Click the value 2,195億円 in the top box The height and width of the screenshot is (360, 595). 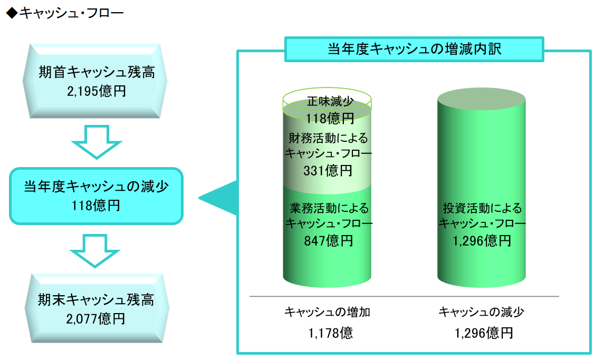click(97, 91)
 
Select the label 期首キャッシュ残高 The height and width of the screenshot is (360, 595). click(97, 72)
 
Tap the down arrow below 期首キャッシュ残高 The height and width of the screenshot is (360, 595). click(97, 142)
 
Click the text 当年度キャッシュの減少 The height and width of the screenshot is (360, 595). click(97, 186)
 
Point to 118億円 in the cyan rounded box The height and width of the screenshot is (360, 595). click(96, 205)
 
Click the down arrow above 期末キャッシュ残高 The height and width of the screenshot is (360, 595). click(95, 251)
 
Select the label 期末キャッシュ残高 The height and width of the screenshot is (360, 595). click(95, 300)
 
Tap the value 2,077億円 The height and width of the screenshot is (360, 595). click(95, 319)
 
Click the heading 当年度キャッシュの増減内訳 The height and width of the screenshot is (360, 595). click(415, 49)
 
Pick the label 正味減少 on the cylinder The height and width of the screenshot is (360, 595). click(330, 101)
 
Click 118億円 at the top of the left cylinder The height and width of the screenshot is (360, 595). click(330, 119)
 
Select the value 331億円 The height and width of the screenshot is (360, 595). click(328, 170)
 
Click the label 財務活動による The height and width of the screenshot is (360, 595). click(328, 138)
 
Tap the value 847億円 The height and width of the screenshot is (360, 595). click(329, 240)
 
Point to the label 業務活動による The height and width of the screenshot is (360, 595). click(329, 208)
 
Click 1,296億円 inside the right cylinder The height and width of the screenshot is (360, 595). click(482, 240)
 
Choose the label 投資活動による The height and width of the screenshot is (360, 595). click(482, 208)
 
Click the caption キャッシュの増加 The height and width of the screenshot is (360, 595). click(327, 312)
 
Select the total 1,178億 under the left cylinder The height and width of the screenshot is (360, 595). click(330, 333)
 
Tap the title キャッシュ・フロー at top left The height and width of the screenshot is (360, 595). click(71, 13)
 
